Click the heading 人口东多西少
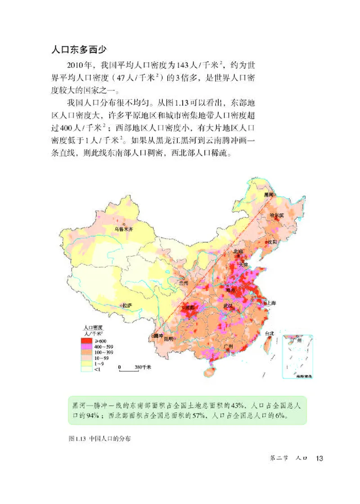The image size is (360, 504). (x=79, y=49)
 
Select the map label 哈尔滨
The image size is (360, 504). (x=277, y=215)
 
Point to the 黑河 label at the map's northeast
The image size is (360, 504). (x=269, y=194)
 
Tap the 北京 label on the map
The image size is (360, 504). (x=238, y=252)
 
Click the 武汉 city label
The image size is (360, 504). (x=229, y=306)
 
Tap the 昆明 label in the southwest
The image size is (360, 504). (x=169, y=338)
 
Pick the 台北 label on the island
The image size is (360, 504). (x=269, y=333)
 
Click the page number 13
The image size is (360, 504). (x=319, y=458)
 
